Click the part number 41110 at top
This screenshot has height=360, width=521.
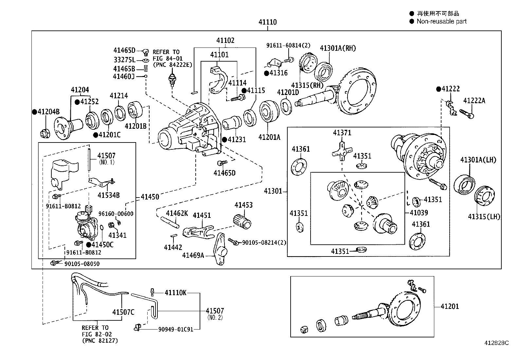point(267,22)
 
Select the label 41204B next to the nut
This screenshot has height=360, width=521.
point(48,112)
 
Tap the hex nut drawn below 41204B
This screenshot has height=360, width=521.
point(45,134)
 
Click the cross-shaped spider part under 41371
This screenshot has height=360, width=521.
point(341,151)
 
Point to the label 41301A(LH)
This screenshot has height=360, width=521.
point(478,160)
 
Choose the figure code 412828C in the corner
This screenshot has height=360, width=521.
point(496,343)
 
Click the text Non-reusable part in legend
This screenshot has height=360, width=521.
point(441,22)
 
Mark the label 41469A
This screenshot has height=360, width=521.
point(193,255)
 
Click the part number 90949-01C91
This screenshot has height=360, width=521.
point(176,329)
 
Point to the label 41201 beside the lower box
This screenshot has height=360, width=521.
point(450,307)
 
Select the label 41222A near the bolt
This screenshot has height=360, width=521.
point(474,101)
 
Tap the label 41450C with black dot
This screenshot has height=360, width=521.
point(102,245)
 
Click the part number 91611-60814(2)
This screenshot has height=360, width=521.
point(288,46)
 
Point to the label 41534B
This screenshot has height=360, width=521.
point(108,195)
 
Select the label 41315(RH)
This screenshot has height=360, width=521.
point(307,85)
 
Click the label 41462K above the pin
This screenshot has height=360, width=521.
point(177,214)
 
